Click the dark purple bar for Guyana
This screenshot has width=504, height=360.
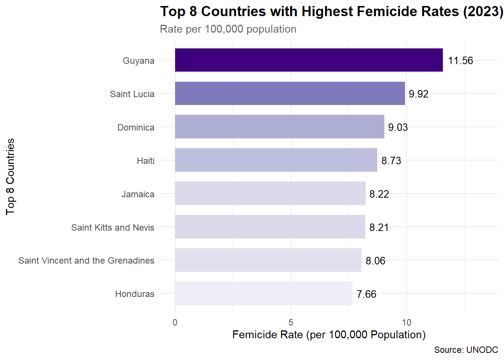pyautogui.click(x=309, y=60)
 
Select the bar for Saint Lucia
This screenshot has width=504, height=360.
pyautogui.click(x=290, y=93)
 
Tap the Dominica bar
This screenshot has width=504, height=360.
pyautogui.click(x=279, y=127)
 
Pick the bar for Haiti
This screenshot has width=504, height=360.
pyautogui.click(x=276, y=160)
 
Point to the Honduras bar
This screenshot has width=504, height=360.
pyautogui.click(x=264, y=293)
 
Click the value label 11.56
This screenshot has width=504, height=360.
pyautogui.click(x=460, y=60)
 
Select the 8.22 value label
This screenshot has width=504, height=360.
pyautogui.click(x=379, y=194)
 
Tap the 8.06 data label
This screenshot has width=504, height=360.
pyautogui.click(x=375, y=261)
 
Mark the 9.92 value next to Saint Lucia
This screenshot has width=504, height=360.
pyautogui.click(x=418, y=94)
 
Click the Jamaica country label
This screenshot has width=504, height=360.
pyautogui.click(x=138, y=194)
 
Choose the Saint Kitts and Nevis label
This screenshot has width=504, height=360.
pyautogui.click(x=113, y=228)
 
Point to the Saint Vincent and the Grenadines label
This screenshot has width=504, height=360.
pyautogui.click(x=86, y=261)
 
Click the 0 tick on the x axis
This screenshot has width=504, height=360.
pyautogui.click(x=175, y=322)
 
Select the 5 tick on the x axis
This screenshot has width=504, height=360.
pyautogui.click(x=291, y=322)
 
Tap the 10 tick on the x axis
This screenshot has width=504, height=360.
pyautogui.click(x=406, y=322)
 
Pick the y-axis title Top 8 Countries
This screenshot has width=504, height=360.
pyautogui.click(x=10, y=177)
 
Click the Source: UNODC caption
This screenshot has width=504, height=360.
pyautogui.click(x=466, y=350)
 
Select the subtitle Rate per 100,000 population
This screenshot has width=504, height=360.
pyautogui.click(x=228, y=29)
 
